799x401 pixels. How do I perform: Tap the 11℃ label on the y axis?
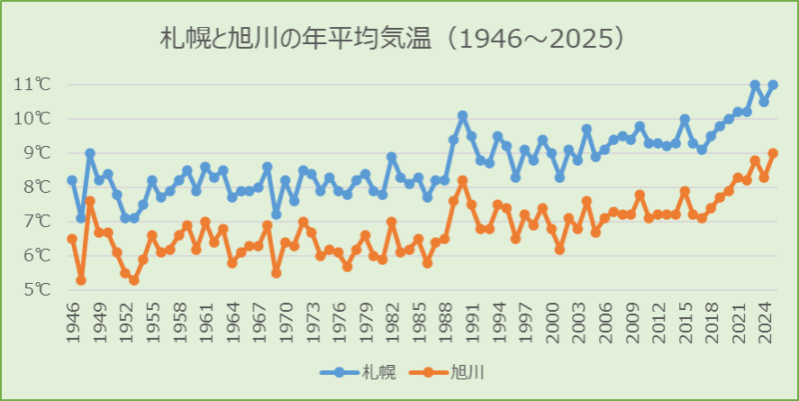pyautogui.click(x=33, y=84)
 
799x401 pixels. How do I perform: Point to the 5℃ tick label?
pyautogui.click(x=35, y=290)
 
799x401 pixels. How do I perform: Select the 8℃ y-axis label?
pyautogui.click(x=35, y=187)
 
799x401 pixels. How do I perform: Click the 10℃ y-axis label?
pyautogui.click(x=33, y=118)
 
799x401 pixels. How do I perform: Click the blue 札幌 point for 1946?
pyautogui.click(x=72, y=180)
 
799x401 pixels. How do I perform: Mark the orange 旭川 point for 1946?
pyautogui.click(x=72, y=239)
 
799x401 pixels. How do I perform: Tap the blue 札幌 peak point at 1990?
pyautogui.click(x=462, y=116)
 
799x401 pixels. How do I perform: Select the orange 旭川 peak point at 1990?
pyautogui.click(x=462, y=181)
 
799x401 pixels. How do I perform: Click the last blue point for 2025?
pyautogui.click(x=773, y=85)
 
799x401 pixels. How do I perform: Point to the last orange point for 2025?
pyautogui.click(x=773, y=153)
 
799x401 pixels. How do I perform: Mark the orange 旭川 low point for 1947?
pyautogui.click(x=81, y=280)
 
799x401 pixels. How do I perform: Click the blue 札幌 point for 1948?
pyautogui.click(x=90, y=153)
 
